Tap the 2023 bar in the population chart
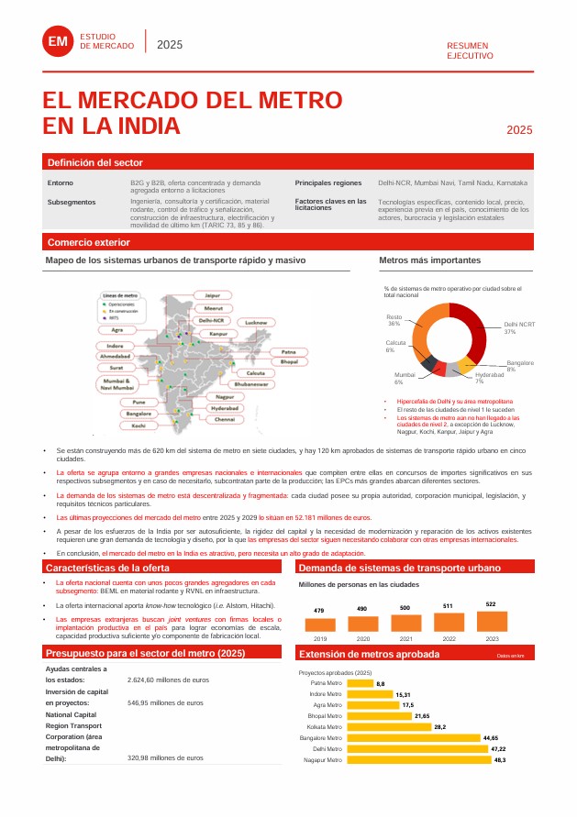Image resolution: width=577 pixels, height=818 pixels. (x=491, y=621)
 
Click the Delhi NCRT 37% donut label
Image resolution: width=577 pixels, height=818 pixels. (x=519, y=327)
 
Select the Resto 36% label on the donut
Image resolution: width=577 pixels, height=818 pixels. (x=394, y=320)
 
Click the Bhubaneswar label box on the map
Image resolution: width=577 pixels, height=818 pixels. (x=250, y=384)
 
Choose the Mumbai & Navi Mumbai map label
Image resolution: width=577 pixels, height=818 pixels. (x=119, y=384)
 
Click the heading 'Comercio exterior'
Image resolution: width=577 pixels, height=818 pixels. (x=89, y=242)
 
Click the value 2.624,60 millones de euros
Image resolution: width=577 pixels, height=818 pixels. (x=168, y=680)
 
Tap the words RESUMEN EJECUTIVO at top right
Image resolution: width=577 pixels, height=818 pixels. (x=469, y=50)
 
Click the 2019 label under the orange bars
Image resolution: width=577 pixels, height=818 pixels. (x=319, y=637)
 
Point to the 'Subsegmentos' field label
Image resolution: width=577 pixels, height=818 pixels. (x=71, y=201)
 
